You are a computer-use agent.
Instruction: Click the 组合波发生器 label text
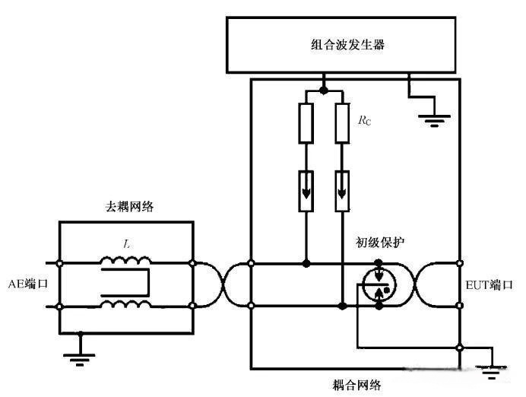(x=342, y=44)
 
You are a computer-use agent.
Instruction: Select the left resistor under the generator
(x=306, y=125)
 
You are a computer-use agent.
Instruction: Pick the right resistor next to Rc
(x=343, y=125)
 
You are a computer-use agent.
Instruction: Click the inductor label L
(x=126, y=243)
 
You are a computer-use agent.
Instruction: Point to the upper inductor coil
(x=126, y=261)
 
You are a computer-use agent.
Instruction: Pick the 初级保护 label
(x=380, y=243)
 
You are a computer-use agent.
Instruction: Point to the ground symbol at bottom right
(x=492, y=372)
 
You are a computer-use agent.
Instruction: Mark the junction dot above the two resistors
(x=324, y=91)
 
